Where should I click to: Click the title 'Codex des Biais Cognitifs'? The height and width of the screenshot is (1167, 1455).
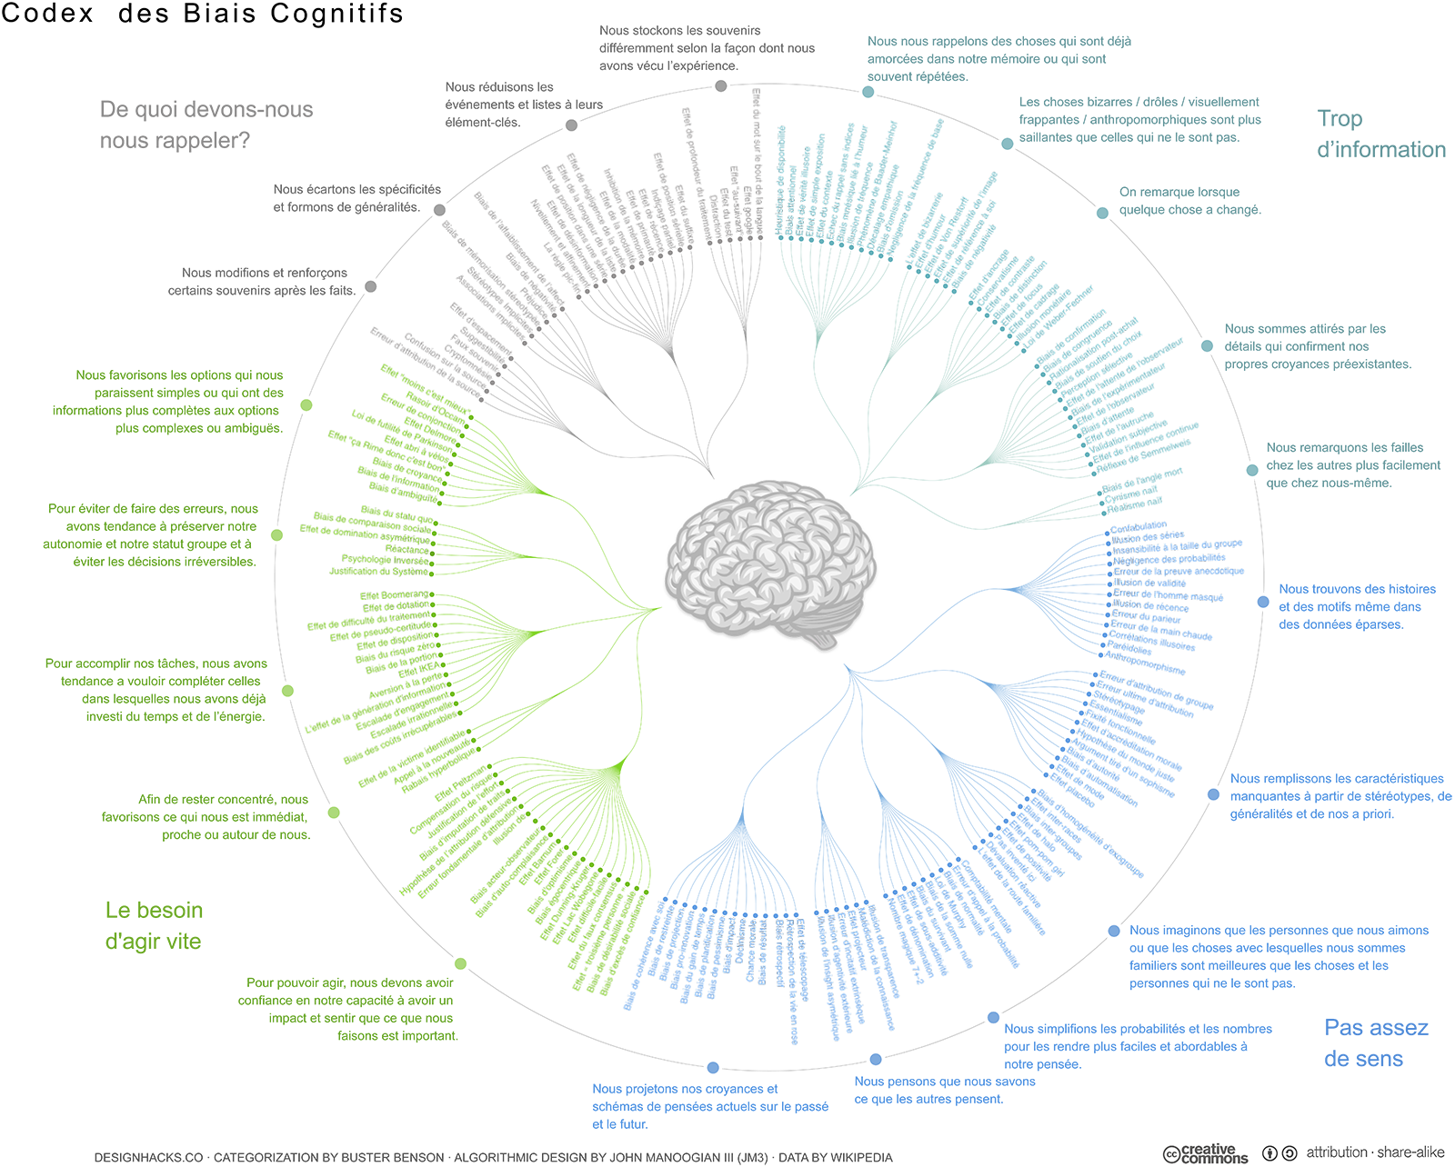[x=202, y=14]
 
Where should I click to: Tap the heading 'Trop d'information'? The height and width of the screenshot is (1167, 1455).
[x=1380, y=134]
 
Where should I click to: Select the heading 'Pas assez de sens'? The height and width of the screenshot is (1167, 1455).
[x=1375, y=1042]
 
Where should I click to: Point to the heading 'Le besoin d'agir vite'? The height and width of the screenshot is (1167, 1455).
[x=154, y=925]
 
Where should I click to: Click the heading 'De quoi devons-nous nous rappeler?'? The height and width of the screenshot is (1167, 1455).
[x=206, y=125]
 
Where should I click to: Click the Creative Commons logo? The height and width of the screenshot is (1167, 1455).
[x=1206, y=1153]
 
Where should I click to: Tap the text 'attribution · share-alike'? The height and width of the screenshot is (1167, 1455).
[x=1375, y=1152]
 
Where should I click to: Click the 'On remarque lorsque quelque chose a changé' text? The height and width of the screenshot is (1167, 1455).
[x=1191, y=201]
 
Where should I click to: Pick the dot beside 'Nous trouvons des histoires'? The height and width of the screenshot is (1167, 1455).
[x=1263, y=602]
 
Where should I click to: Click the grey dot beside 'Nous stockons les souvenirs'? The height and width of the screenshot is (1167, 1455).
[x=720, y=86]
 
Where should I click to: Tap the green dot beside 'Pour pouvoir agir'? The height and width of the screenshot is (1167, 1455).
[x=460, y=963]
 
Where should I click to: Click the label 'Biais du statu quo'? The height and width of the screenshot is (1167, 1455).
[x=396, y=514]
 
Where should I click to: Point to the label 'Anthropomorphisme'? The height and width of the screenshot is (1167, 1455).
[x=1144, y=663]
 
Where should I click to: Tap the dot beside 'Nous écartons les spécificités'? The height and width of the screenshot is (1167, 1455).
[x=439, y=210]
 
